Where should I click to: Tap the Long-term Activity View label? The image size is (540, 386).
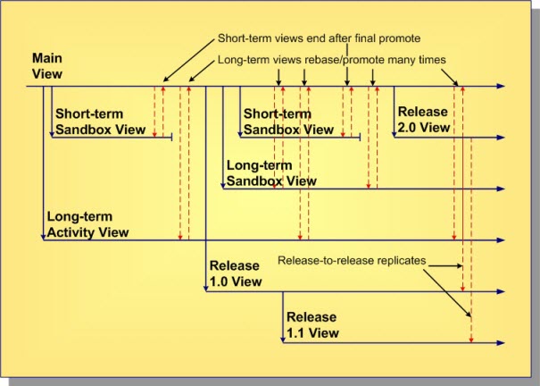click(87, 225)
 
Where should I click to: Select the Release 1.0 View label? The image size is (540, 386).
click(236, 273)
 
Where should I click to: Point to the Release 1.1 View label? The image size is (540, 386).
click(312, 325)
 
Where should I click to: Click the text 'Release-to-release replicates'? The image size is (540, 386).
click(352, 261)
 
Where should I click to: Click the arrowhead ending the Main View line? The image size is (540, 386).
click(501, 87)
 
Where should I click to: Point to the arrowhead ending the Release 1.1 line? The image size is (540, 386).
click(501, 343)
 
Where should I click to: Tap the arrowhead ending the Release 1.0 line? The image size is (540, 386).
click(501, 292)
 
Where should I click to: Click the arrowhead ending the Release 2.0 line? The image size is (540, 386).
click(501, 137)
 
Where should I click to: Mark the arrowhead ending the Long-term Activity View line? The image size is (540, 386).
click(501, 240)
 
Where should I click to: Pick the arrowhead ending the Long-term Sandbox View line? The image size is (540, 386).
click(501, 189)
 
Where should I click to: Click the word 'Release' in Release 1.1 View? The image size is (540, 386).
click(312, 317)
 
